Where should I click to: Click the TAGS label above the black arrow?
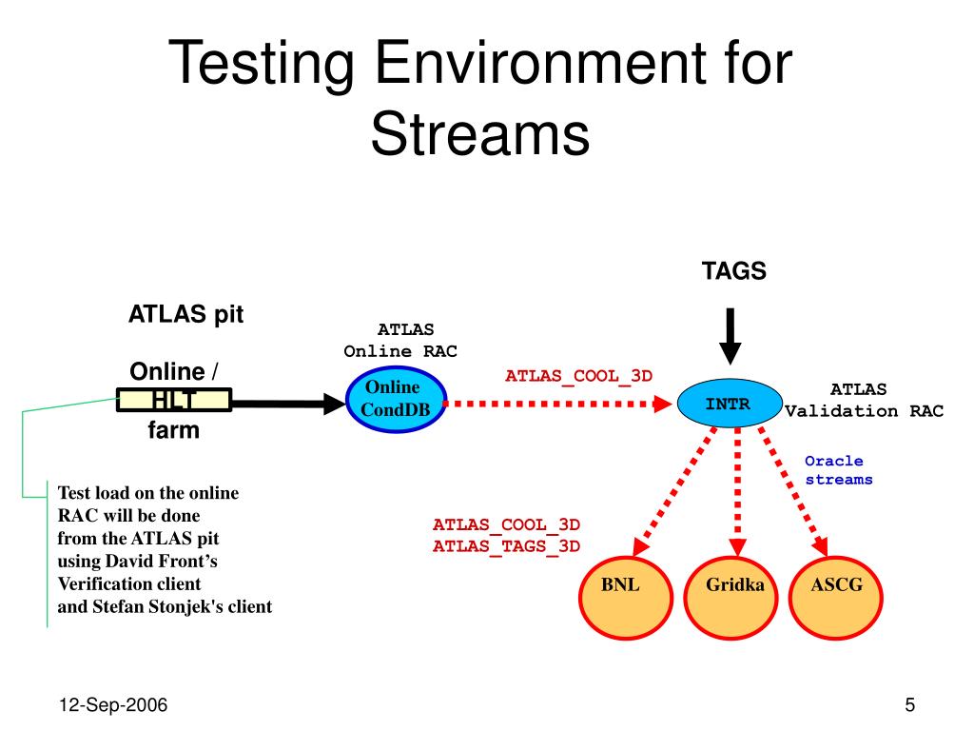tap(734, 271)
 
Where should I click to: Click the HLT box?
tap(174, 400)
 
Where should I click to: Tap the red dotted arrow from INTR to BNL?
tap(673, 491)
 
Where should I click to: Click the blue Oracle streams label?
tap(838, 470)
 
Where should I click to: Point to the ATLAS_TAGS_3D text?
tap(506, 545)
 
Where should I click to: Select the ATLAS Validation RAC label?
tap(863, 400)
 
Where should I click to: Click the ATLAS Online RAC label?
tap(401, 340)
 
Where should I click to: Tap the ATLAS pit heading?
tap(186, 314)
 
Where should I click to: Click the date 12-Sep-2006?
tap(113, 705)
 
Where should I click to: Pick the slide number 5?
tap(910, 705)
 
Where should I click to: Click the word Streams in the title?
tap(480, 135)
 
